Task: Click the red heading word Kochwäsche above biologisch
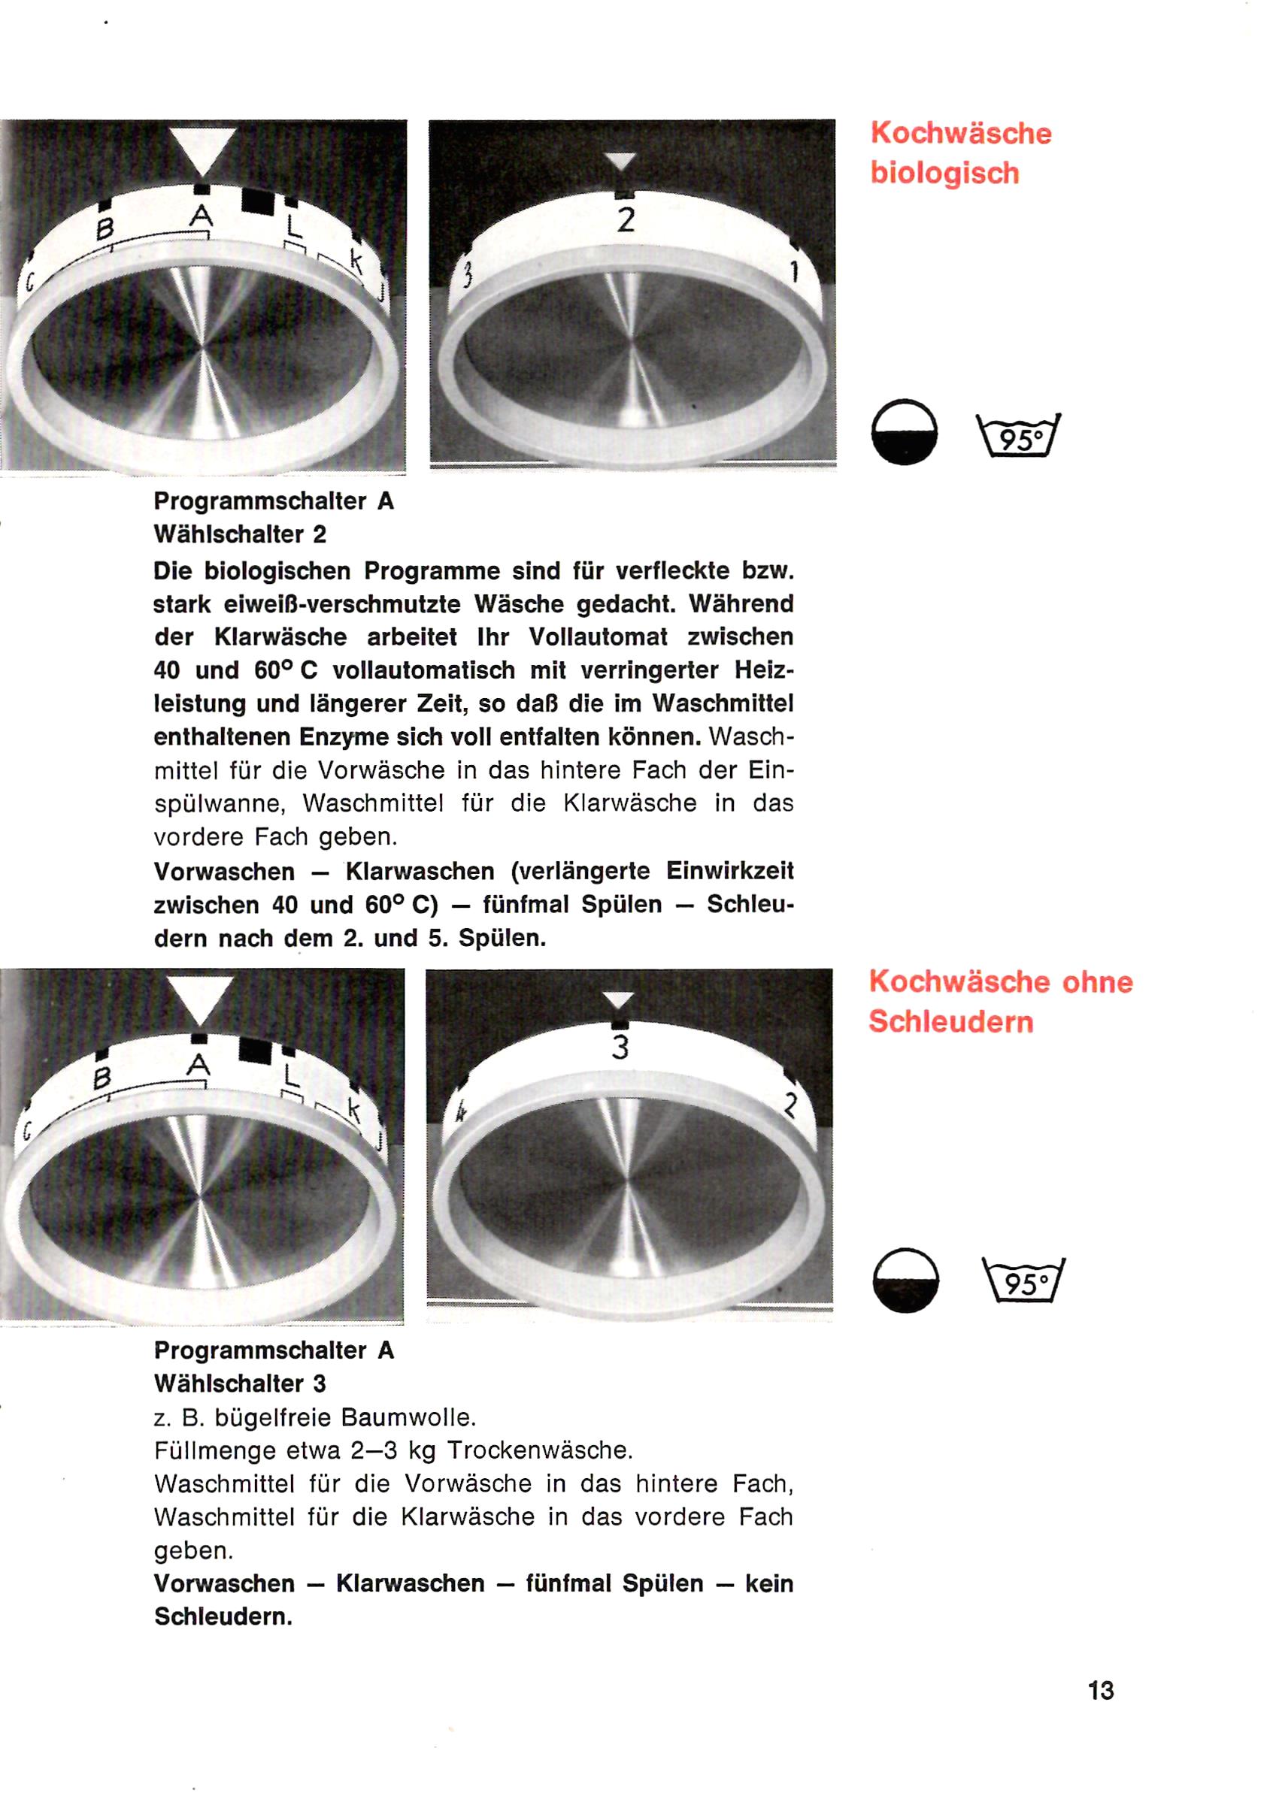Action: click(961, 133)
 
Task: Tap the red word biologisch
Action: click(944, 174)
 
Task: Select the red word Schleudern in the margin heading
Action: click(950, 1021)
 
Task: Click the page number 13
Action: click(1100, 1690)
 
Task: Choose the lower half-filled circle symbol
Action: click(905, 1280)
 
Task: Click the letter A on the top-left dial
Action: click(201, 215)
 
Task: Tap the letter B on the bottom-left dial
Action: click(101, 1078)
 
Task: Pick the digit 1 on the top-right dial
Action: click(793, 271)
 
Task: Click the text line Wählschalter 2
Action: click(240, 535)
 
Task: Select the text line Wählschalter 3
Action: click(239, 1383)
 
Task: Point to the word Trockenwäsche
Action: click(539, 1451)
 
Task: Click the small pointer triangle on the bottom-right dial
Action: click(619, 1000)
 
